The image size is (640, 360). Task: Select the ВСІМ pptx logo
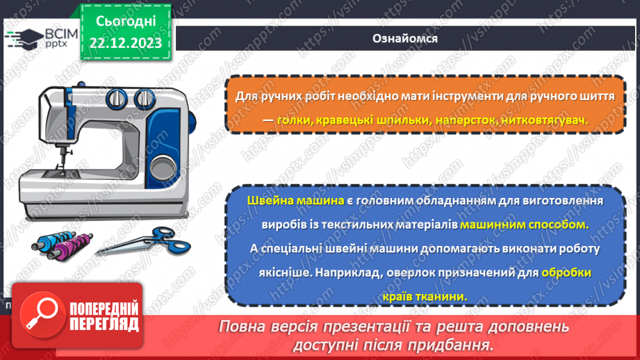coord(41,37)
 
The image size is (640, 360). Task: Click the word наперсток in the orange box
coord(466,120)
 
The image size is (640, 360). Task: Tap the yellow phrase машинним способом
coord(524,224)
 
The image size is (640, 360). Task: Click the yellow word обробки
coord(567,272)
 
